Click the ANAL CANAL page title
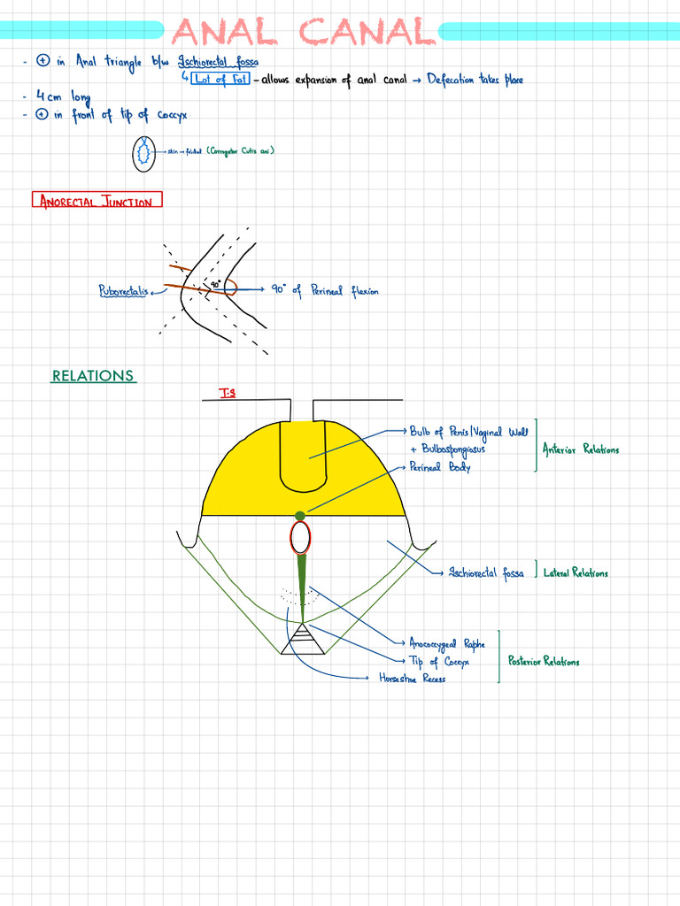pos(304,32)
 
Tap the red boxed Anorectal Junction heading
pos(97,201)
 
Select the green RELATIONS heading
pos(93,376)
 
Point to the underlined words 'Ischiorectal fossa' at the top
pos(219,61)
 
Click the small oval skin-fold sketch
pos(142,154)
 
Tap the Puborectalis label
pos(123,290)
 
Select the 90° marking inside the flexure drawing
pos(215,284)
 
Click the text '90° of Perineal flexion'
pos(325,290)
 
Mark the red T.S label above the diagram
pos(228,392)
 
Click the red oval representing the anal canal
pos(301,537)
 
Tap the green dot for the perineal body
pos(300,515)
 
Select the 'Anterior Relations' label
pos(581,449)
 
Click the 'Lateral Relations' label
pos(576,573)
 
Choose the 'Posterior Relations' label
pos(544,661)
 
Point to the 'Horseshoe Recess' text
pos(412,679)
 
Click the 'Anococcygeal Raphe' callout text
pos(447,644)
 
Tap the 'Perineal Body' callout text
pos(440,467)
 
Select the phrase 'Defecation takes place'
pos(475,80)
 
